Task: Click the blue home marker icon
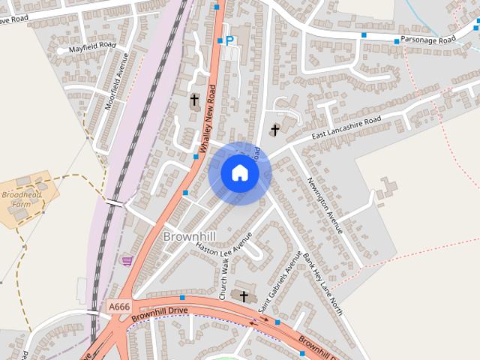coord(239,173)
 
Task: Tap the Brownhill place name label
coord(188,236)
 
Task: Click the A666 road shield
coord(118,307)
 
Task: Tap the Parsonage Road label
coord(427,39)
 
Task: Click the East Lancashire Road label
coord(346,128)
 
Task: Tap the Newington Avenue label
coord(325,204)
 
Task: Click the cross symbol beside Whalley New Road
coord(194,99)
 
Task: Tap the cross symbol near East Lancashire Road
coord(274,130)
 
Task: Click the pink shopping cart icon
coord(127,261)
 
